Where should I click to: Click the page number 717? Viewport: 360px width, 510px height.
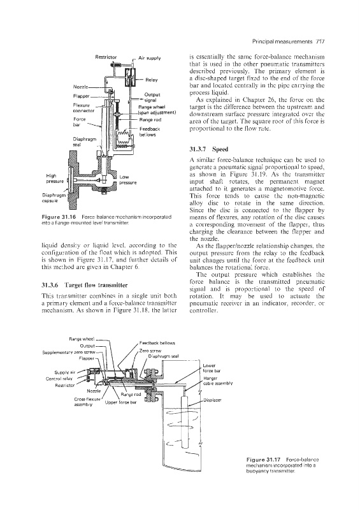click(320, 41)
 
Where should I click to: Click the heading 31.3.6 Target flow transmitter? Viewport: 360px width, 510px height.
click(85, 285)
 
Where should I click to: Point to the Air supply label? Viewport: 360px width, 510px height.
click(150, 58)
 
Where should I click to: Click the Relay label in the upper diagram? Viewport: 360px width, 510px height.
click(152, 80)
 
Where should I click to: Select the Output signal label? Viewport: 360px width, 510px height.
click(152, 98)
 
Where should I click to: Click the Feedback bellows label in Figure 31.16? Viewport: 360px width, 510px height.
click(150, 132)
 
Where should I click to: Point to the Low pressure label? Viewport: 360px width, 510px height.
click(128, 180)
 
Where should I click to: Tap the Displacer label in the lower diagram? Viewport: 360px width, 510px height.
click(212, 400)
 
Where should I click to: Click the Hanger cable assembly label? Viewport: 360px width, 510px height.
click(217, 381)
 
